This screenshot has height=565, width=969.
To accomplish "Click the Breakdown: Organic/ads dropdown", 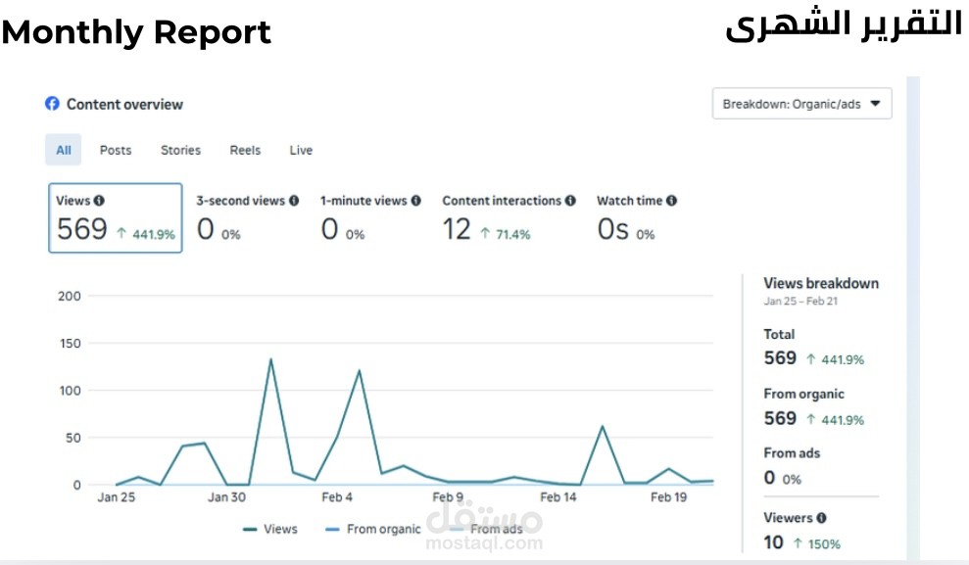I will click(801, 103).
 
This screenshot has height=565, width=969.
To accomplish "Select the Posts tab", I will click(116, 150).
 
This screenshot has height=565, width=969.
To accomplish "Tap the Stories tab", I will click(180, 150).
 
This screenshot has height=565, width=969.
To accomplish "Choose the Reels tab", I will click(245, 150).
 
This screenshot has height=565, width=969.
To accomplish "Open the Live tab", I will click(301, 150).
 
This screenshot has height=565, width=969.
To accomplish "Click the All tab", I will click(64, 150).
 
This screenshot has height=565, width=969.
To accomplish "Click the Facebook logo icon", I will click(52, 104).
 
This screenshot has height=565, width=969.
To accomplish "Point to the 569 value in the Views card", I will click(81, 229).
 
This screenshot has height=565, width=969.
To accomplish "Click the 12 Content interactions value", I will click(457, 229).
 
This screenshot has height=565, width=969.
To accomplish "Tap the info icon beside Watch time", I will click(671, 201).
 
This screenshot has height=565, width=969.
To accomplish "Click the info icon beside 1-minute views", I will click(415, 201).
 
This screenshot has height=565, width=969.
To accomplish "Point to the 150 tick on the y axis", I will click(70, 343).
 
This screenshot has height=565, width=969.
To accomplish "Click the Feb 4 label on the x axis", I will click(337, 497).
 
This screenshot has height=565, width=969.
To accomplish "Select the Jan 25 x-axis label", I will click(117, 497).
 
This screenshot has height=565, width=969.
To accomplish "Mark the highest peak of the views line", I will click(270, 359).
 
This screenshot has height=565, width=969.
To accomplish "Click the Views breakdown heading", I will click(821, 283).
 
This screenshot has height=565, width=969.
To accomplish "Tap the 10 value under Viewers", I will click(773, 541).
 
